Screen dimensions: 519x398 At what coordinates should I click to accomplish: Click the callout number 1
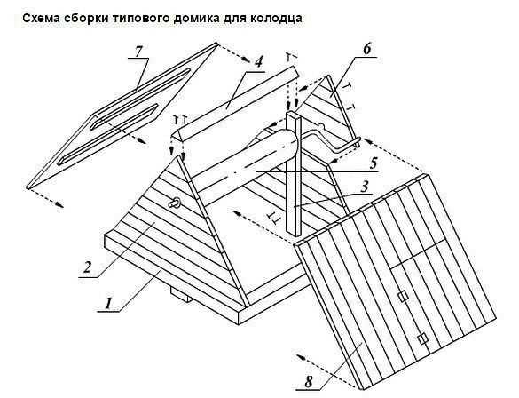coord(108,304)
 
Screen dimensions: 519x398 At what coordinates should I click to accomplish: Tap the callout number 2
coord(87,267)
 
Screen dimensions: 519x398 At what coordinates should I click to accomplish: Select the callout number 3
coord(364,187)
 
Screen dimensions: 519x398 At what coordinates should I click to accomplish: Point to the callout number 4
coord(258,61)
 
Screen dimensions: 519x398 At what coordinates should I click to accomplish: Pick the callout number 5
coord(374,163)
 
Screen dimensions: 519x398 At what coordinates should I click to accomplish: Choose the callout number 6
coord(366,50)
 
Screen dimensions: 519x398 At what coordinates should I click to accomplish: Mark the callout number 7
coord(138,51)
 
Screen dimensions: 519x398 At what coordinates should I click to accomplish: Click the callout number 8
coord(308,382)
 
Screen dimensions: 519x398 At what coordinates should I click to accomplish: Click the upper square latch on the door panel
coord(403,296)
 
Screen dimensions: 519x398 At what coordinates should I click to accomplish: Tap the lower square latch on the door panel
coord(421,339)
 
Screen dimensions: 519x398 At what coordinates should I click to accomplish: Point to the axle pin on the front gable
coord(175,203)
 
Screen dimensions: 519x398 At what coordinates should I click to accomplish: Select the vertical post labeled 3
coord(294,174)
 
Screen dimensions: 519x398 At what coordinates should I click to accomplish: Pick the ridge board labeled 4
coord(234,102)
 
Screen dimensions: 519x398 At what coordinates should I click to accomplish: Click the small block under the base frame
coord(181,294)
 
